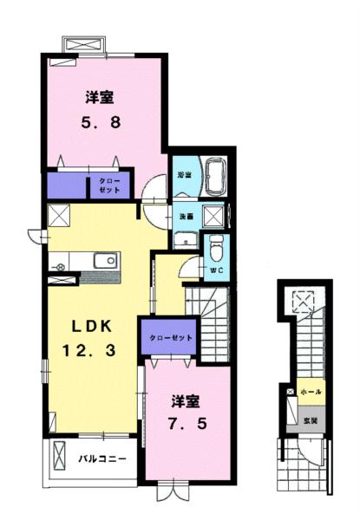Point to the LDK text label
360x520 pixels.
pos(89,328)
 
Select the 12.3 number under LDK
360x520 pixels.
pos(89,350)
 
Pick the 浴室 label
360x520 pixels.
pos(184,174)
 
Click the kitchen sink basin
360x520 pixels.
pos(105,261)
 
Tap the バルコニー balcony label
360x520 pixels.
pos(102,457)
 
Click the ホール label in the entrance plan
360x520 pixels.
pos(311,393)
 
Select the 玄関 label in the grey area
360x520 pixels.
pos(311,420)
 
